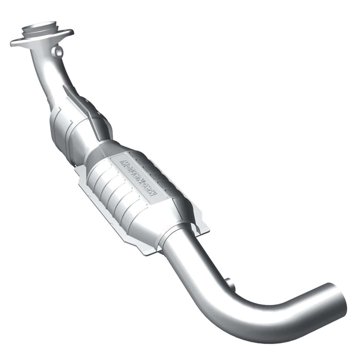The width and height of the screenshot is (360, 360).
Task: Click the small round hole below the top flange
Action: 59,51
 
